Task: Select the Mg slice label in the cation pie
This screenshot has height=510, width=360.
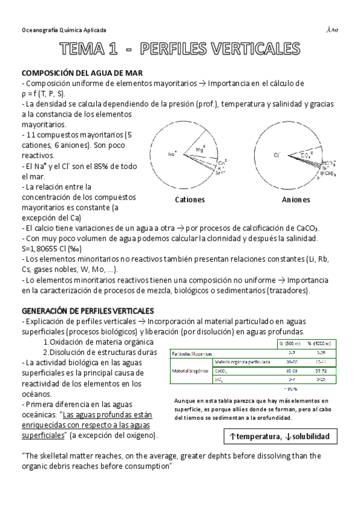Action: pyautogui.click(x=200, y=149)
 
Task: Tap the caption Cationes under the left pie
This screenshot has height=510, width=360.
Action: pyautogui.click(x=189, y=199)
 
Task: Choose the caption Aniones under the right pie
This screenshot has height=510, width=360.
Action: pyautogui.click(x=296, y=199)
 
